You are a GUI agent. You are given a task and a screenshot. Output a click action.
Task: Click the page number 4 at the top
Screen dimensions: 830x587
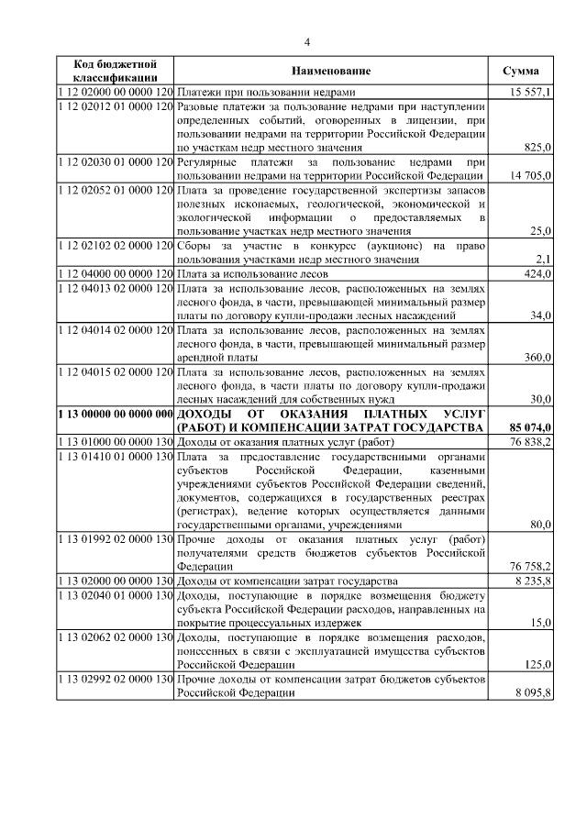pos(308,42)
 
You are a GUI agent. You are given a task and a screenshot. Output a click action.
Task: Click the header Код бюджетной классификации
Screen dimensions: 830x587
pos(115,72)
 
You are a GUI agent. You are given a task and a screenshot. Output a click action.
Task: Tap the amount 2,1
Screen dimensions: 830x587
pos(542,259)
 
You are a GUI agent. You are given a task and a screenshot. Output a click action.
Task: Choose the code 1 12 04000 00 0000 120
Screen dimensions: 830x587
pos(115,272)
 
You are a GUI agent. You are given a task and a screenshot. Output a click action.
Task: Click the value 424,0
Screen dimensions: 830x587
pos(537,272)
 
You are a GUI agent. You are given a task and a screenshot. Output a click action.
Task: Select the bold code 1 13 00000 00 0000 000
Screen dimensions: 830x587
pos(115,414)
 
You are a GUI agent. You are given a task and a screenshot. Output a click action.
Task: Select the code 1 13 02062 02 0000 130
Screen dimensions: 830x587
pos(115,636)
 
